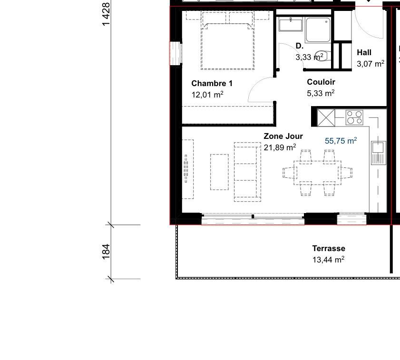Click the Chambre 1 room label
click(212, 83)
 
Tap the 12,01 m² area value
click(207, 95)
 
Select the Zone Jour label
click(283, 136)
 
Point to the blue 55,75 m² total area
click(341, 141)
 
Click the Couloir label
click(321, 82)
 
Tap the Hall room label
click(364, 53)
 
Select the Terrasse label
click(329, 248)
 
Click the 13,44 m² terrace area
click(328, 260)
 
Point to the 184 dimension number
click(106, 251)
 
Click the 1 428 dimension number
click(106, 14)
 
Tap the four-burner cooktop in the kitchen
click(354, 117)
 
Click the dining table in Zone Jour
click(317, 173)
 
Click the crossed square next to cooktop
click(326, 117)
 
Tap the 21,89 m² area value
click(280, 148)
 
